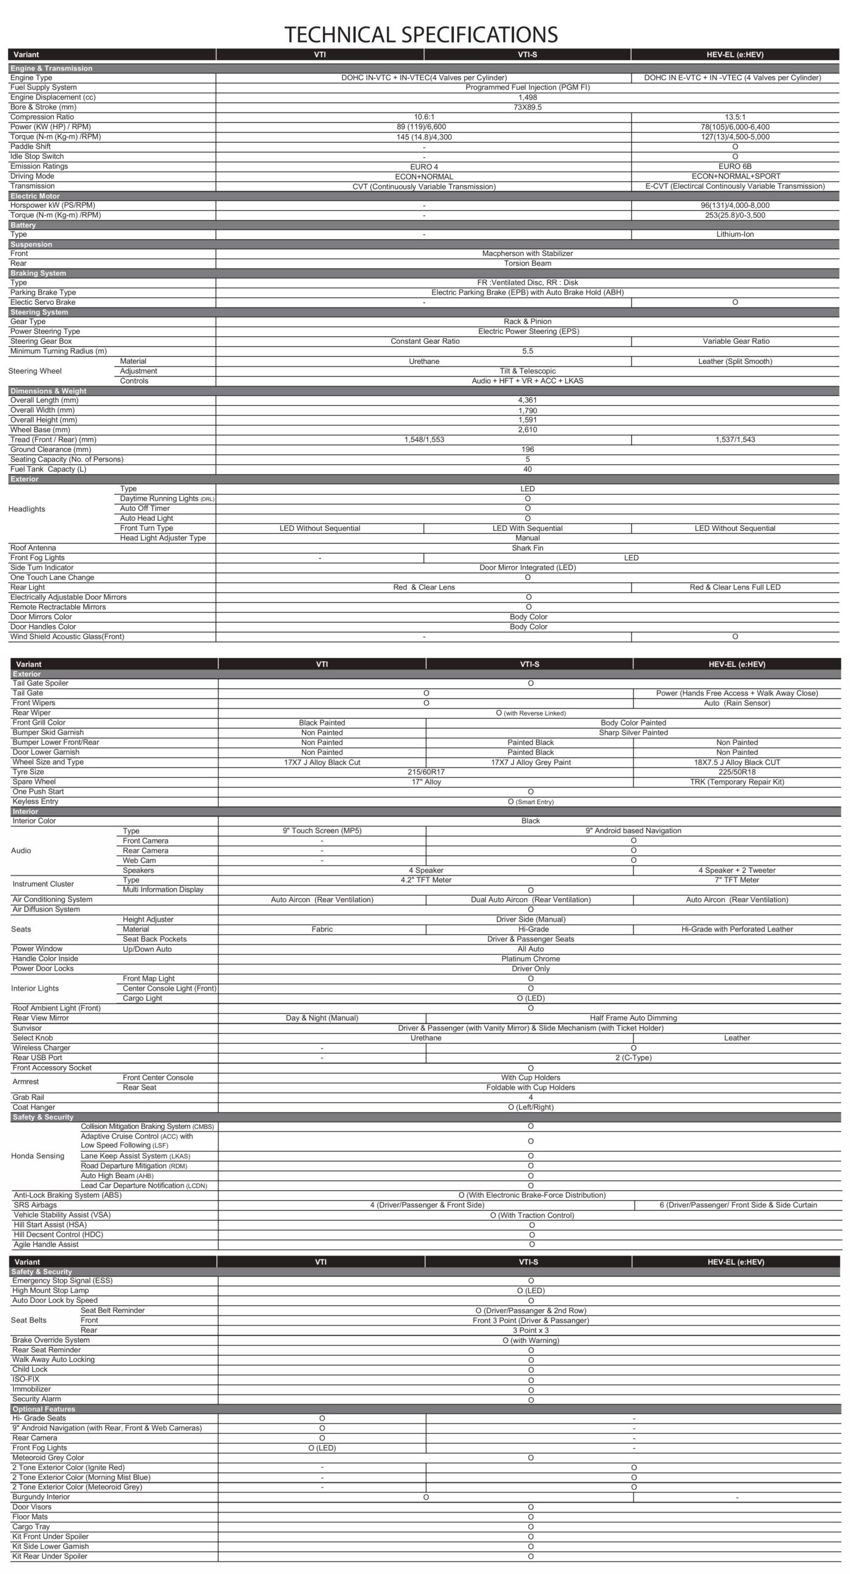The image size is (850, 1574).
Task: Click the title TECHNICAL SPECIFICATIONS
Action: click(x=421, y=34)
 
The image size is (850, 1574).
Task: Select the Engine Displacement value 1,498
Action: click(x=527, y=97)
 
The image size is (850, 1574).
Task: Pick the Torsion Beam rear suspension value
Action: click(x=527, y=263)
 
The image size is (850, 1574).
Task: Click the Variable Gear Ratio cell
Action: click(x=736, y=341)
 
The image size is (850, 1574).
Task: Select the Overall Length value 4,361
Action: click(x=527, y=400)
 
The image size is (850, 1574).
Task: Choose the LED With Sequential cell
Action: click(x=527, y=528)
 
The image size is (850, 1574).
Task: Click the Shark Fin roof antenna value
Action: click(x=527, y=548)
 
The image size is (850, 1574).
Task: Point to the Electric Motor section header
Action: click(x=35, y=196)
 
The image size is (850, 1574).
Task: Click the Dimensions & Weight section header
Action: click(x=49, y=391)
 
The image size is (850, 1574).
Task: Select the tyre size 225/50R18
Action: click(x=736, y=772)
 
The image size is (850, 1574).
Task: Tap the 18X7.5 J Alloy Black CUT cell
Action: click(x=736, y=762)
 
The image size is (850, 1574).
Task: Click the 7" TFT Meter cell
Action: click(x=736, y=880)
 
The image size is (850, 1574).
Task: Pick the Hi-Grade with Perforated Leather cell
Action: click(x=736, y=929)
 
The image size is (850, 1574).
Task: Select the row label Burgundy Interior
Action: click(x=41, y=1497)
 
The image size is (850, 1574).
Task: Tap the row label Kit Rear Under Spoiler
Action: click(x=50, y=1556)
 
